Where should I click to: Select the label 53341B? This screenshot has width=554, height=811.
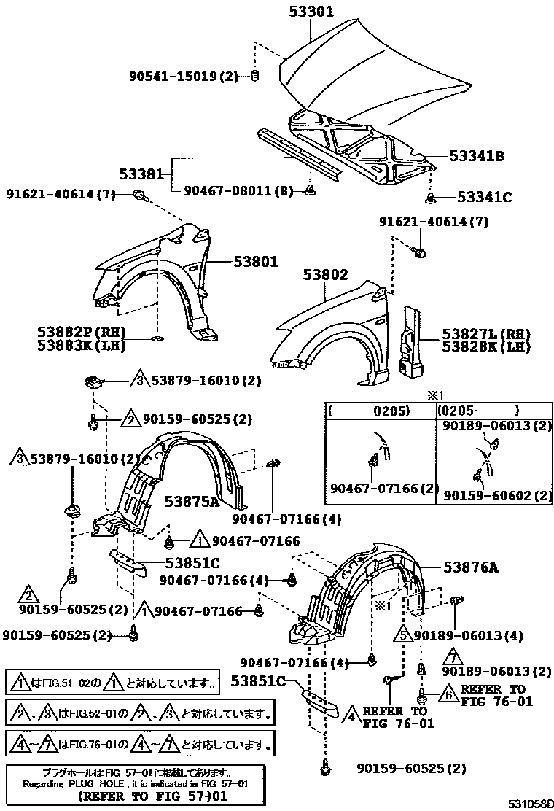(477, 155)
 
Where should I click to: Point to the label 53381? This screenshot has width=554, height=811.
(141, 174)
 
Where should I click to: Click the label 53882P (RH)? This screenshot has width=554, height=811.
(77, 331)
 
